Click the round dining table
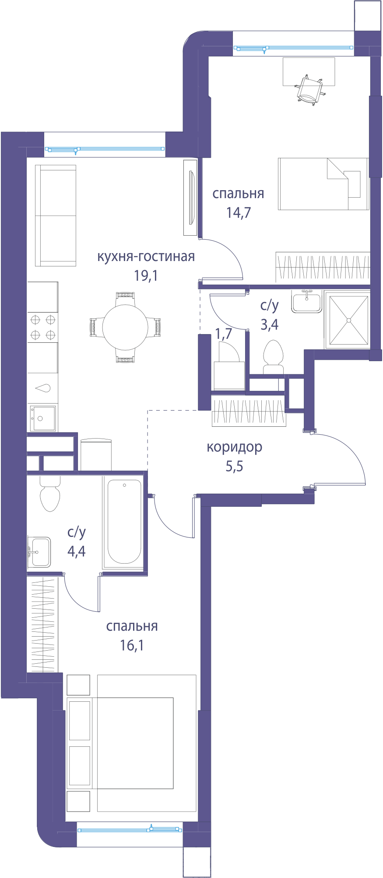tap(125, 327)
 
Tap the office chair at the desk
tap(310, 91)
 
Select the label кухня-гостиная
tap(146, 256)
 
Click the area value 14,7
tap(239, 213)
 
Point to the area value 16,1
tap(132, 645)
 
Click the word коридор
tap(235, 447)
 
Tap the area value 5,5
tap(235, 466)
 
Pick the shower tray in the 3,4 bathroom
tap(349, 321)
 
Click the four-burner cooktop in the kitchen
tap(43, 327)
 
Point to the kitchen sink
tap(43, 418)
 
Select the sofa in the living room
tap(56, 216)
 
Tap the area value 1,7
tap(224, 334)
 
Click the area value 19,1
tap(146, 275)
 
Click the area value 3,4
tap(270, 324)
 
